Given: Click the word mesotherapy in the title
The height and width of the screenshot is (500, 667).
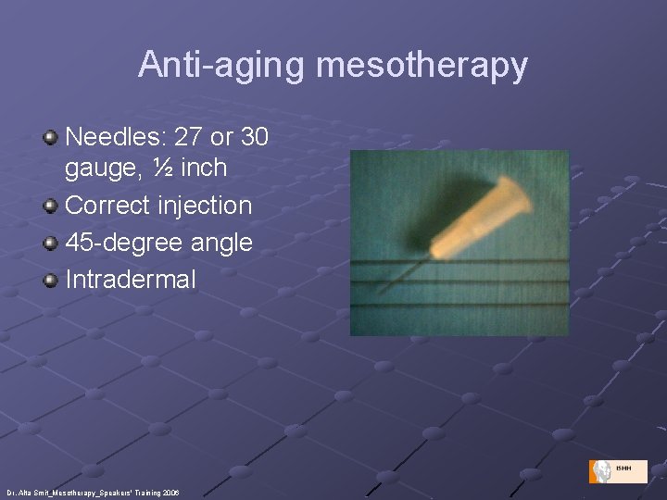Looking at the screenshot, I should [x=422, y=65].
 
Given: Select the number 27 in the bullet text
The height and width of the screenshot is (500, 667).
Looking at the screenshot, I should [x=188, y=138].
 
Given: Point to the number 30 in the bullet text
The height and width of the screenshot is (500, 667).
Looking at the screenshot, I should [x=253, y=138].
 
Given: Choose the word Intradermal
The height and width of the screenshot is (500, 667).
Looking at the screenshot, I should [x=131, y=279].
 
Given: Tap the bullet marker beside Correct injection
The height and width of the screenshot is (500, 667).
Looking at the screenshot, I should [x=51, y=206].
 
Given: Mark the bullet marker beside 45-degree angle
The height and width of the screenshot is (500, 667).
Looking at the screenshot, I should [x=51, y=243].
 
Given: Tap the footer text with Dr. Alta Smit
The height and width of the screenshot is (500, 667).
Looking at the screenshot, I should [x=93, y=493].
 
